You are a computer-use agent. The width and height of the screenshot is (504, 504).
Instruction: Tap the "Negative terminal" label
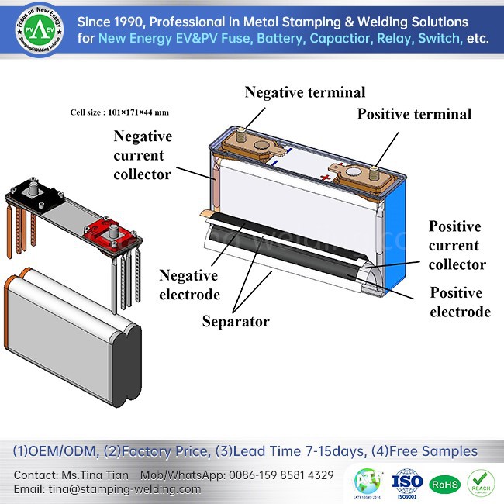click(x=305, y=92)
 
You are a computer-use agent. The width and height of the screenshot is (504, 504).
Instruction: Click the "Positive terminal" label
click(x=414, y=114)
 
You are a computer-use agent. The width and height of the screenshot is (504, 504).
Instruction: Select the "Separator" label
click(x=235, y=320)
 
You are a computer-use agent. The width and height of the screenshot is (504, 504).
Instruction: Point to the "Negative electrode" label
click(x=189, y=285)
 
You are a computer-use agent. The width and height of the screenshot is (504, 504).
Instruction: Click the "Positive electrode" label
click(x=460, y=302)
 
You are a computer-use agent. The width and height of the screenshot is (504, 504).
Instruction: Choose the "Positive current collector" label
click(x=457, y=246)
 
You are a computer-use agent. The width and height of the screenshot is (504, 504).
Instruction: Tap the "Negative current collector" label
click(x=143, y=155)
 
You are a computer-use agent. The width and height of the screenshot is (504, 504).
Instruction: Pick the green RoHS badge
click(x=445, y=482)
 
